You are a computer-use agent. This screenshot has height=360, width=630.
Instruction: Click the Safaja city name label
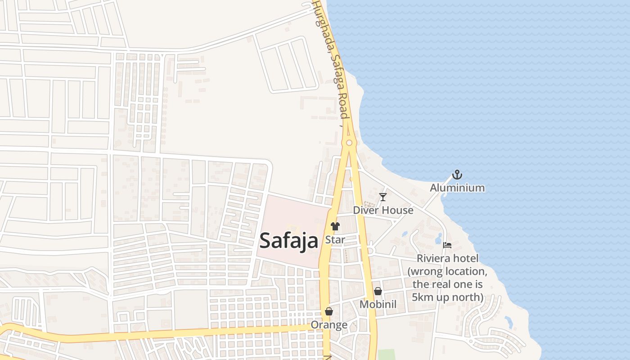(x=289, y=240)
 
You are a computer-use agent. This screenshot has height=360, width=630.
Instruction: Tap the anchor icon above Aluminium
(x=457, y=175)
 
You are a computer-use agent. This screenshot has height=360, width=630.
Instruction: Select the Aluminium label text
(x=457, y=188)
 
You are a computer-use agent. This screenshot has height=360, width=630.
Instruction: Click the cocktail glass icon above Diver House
(x=382, y=197)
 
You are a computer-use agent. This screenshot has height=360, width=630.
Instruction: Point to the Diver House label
(x=383, y=210)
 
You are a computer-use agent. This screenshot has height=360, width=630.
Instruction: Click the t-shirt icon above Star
(x=335, y=226)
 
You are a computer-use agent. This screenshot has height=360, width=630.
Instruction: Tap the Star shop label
(x=335, y=239)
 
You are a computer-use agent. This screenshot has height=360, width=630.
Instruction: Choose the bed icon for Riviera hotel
(x=447, y=245)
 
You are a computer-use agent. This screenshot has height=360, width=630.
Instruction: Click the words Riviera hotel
(x=447, y=259)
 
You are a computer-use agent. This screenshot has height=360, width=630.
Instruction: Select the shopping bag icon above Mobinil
(x=378, y=291)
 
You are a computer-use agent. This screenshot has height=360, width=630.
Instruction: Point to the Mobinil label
(x=378, y=305)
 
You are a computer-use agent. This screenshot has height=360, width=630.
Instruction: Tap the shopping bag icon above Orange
(x=329, y=311)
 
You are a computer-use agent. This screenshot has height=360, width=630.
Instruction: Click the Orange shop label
(x=329, y=325)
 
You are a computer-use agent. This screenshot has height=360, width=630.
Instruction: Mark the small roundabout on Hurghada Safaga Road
(x=349, y=143)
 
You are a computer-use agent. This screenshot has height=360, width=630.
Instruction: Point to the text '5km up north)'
(x=447, y=297)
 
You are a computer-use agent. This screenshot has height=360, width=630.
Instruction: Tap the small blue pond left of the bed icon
(x=438, y=238)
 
